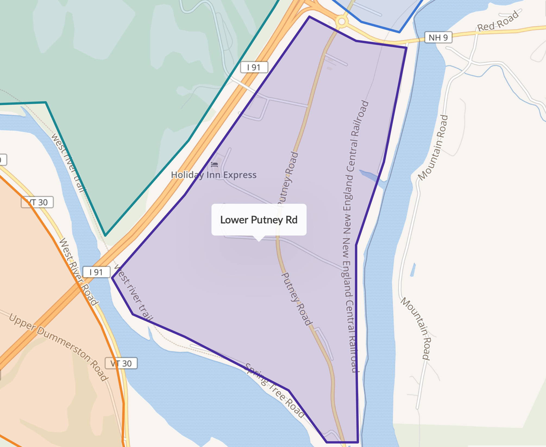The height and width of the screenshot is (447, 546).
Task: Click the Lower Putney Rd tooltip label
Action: [259, 220]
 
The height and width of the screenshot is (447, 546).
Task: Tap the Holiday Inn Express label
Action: [214, 175]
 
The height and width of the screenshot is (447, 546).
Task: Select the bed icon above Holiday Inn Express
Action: [214, 164]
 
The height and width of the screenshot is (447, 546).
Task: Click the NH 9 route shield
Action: [438, 37]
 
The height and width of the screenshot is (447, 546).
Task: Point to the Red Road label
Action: [498, 21]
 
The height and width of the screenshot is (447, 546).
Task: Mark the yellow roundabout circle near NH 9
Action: [342, 21]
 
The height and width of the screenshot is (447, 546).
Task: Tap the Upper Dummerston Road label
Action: [59, 347]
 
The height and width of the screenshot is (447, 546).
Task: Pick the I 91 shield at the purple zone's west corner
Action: [96, 272]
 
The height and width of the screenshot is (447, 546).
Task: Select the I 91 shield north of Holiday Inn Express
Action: [254, 67]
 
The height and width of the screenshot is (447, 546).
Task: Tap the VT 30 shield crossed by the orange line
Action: [37, 202]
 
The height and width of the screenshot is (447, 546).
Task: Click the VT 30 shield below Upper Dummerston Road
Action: [121, 363]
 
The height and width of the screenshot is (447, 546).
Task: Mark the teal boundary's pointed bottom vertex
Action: [105, 235]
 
